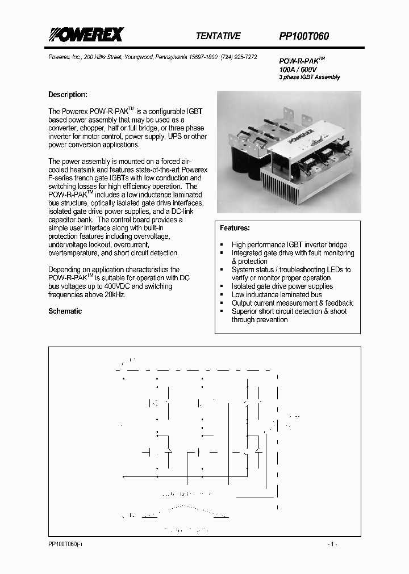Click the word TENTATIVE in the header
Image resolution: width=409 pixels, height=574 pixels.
pos(218,36)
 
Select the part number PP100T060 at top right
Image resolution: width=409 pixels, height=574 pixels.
pos(304,36)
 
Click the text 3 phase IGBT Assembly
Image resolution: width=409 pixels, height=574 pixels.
pos(309,77)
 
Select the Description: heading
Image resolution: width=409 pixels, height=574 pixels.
pos(68,95)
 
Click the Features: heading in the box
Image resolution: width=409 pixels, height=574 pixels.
pos(235,228)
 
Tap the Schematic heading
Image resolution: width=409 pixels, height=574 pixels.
pos(65,311)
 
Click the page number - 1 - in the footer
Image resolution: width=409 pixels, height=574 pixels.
pos(333,545)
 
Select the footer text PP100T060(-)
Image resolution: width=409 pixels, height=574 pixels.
pos(65,545)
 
